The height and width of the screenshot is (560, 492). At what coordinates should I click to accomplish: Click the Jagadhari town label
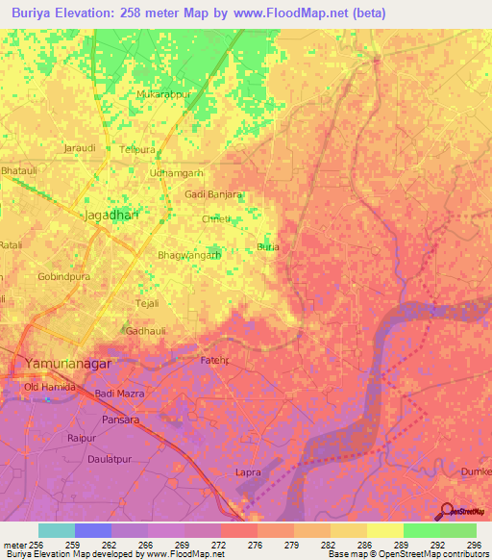[111, 216]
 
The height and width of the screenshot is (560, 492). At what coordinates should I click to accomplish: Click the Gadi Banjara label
[212, 194]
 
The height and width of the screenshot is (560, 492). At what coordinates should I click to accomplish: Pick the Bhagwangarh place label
[189, 256]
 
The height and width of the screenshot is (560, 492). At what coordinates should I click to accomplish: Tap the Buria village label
[268, 247]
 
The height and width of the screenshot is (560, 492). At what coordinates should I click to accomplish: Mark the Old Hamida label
[49, 388]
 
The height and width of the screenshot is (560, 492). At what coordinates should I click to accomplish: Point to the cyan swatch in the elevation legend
[57, 530]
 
